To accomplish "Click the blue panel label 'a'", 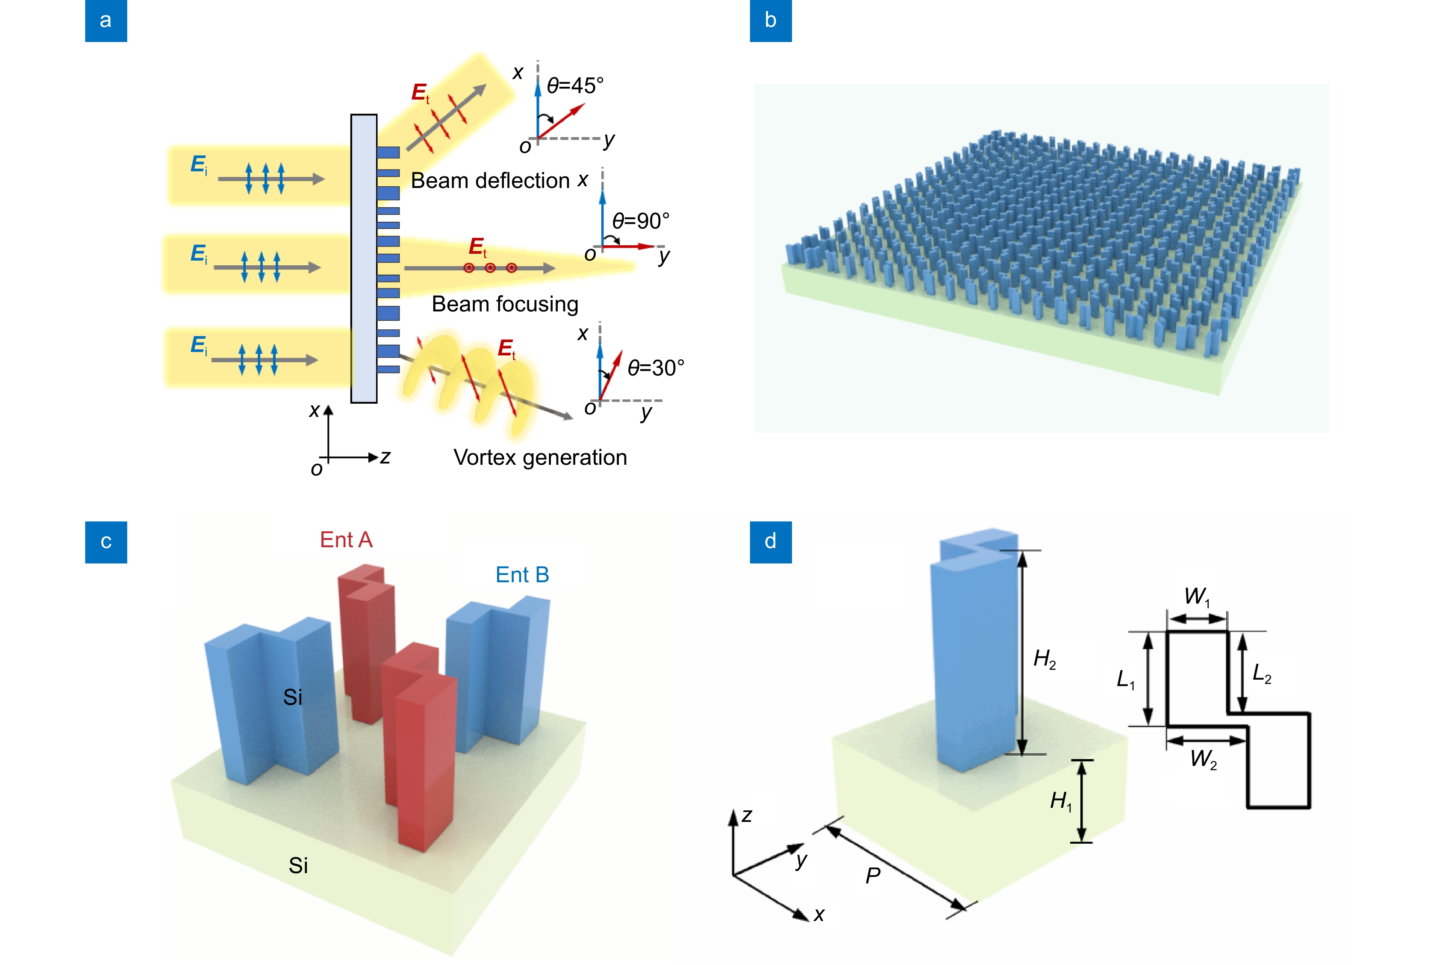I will pyautogui.click(x=106, y=21).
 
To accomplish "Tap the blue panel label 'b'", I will pyautogui.click(x=771, y=21).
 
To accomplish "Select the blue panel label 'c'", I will pyautogui.click(x=106, y=542).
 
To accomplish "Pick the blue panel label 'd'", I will pyautogui.click(x=771, y=542).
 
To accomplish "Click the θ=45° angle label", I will pyautogui.click(x=575, y=85).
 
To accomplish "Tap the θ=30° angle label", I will pyautogui.click(x=655, y=368).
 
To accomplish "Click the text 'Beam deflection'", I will pyautogui.click(x=490, y=181).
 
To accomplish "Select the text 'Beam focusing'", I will pyautogui.click(x=505, y=304).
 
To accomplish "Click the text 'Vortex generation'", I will pyautogui.click(x=540, y=458).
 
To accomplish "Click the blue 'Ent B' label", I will pyautogui.click(x=522, y=575).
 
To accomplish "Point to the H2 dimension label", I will pyautogui.click(x=1044, y=659).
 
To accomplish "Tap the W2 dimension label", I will pyautogui.click(x=1203, y=759).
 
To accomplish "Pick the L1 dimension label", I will pyautogui.click(x=1125, y=680).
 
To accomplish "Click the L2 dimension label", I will pyautogui.click(x=1262, y=674).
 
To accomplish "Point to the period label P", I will pyautogui.click(x=873, y=875).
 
